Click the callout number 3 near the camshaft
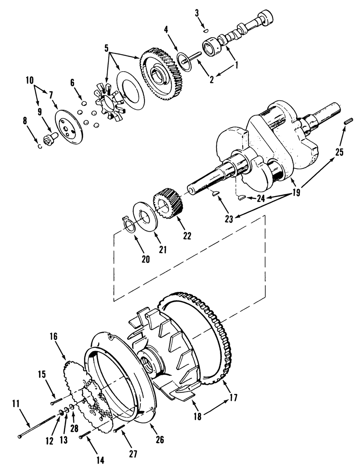(x=197, y=13)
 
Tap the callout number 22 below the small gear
(x=187, y=236)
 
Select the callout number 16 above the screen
(x=53, y=337)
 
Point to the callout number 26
(x=159, y=439)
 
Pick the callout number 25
(x=339, y=152)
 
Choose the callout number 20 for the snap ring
(x=145, y=259)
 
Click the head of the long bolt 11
(x=20, y=437)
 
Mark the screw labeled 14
(x=84, y=436)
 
